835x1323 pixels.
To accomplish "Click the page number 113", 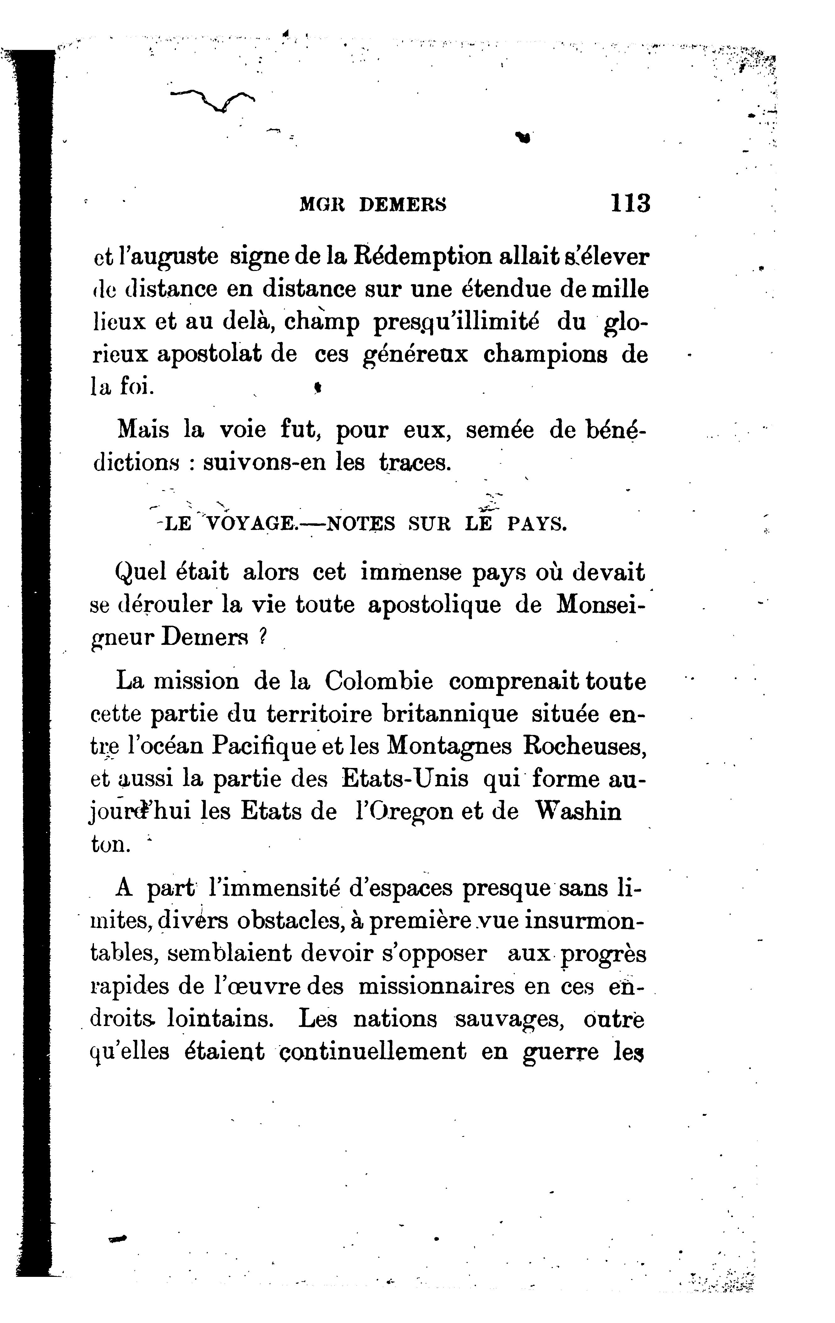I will [x=630, y=204].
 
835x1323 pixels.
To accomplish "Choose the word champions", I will [x=545, y=354].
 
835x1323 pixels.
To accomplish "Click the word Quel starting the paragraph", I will [x=141, y=573].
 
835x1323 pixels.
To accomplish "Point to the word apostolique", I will [x=434, y=605].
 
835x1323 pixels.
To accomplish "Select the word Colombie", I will [x=378, y=682].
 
